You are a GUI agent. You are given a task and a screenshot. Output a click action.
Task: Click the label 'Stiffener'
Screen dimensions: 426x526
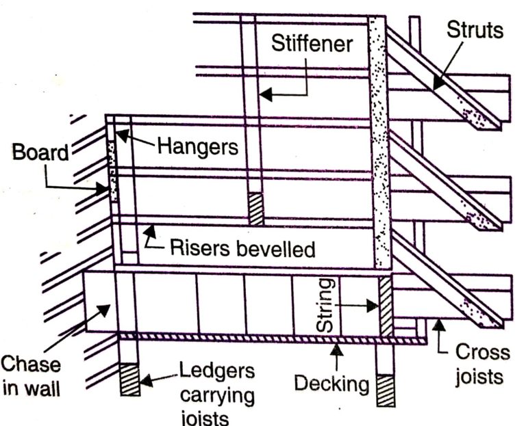point(312,44)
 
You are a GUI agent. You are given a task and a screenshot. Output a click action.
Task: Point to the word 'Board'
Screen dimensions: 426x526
point(41,152)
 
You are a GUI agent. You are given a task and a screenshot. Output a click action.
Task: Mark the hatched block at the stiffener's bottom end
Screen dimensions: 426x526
point(255,209)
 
